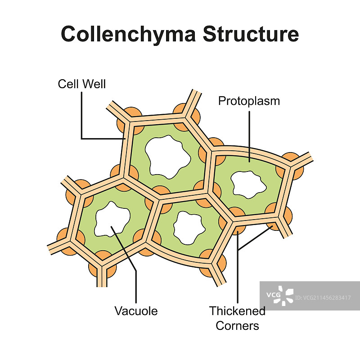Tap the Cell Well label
pos(82,84)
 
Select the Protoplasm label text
pos(249,101)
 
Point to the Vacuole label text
pos(136,310)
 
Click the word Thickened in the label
pos(237,310)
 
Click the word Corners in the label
pos(237,325)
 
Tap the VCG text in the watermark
pos(273,295)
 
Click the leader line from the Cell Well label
pos(81,117)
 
